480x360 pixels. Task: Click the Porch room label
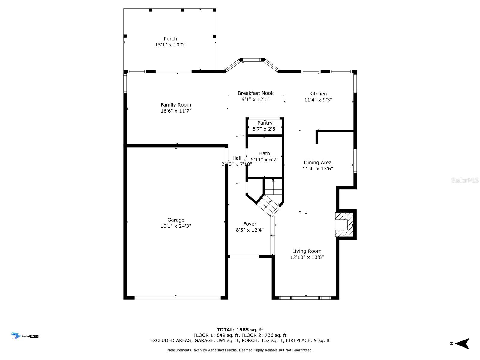(170, 39)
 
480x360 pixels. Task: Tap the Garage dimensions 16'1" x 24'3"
(176, 226)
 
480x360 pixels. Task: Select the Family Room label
(176, 105)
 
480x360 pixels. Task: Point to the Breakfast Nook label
(256, 93)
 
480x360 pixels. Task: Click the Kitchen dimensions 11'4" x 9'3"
(318, 100)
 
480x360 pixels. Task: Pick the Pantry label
(265, 123)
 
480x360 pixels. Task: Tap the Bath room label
(265, 153)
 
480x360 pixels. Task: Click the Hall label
(237, 158)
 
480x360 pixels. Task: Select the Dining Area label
(318, 163)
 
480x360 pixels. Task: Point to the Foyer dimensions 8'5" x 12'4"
(250, 230)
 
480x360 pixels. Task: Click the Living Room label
(307, 251)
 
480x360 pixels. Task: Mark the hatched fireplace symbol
(344, 224)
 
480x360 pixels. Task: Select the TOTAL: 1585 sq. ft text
(240, 330)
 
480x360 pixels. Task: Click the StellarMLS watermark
(465, 180)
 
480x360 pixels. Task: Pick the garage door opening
(178, 298)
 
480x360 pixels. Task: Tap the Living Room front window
(305, 298)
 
